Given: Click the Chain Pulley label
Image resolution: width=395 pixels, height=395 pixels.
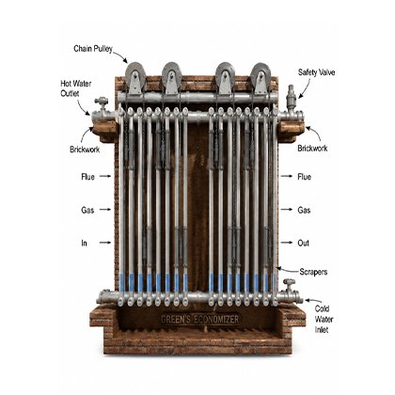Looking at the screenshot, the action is tap(93, 49).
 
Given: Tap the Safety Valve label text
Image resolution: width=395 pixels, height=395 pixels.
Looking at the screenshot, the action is tap(316, 72).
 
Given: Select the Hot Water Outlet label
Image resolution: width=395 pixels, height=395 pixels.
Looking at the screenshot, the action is tap(76, 88).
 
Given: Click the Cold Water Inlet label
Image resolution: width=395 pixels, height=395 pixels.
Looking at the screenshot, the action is tap(324, 320).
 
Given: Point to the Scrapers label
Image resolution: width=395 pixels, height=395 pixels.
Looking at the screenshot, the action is tap(313, 272).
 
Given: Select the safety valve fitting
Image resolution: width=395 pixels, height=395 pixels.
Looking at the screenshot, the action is tap(292, 97).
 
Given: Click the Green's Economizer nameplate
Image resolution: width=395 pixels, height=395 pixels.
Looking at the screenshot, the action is tap(200, 320).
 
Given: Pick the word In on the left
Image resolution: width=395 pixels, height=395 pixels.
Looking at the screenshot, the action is tap(84, 243).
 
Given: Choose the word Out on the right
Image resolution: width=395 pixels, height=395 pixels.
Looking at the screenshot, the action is tap(303, 243).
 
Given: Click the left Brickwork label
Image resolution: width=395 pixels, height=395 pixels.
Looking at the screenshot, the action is tap(85, 150).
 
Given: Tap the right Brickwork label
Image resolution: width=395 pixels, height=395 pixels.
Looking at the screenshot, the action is tap(312, 149).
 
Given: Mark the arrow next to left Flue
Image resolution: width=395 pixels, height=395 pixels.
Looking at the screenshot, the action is tap(105, 176).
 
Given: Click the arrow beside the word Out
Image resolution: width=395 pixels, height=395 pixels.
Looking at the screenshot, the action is tap(287, 243).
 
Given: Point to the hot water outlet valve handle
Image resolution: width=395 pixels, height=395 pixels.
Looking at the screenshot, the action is tap(102, 101).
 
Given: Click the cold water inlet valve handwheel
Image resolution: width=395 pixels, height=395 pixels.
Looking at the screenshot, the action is tap(289, 281).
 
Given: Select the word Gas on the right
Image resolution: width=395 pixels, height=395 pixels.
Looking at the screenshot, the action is tap(304, 210).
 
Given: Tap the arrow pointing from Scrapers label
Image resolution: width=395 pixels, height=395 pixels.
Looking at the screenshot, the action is tap(287, 270).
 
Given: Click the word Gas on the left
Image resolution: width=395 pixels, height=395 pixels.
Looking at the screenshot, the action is tap(87, 210).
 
